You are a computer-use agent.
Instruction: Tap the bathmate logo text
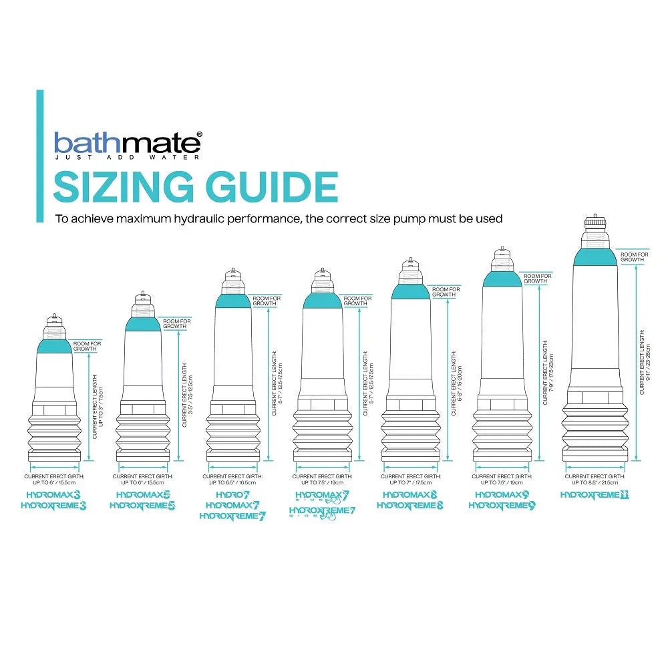(126, 143)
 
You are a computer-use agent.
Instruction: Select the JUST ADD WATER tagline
(126, 159)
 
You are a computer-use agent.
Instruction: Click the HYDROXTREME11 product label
(595, 495)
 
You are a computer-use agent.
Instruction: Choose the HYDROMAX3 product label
(54, 495)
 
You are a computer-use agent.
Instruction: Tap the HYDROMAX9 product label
(502, 495)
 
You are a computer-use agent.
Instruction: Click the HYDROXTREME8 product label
(409, 506)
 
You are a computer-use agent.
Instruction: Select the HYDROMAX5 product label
(143, 495)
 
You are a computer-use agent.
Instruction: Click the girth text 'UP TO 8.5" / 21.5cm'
(595, 482)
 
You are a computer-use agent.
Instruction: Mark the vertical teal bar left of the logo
(40, 156)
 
